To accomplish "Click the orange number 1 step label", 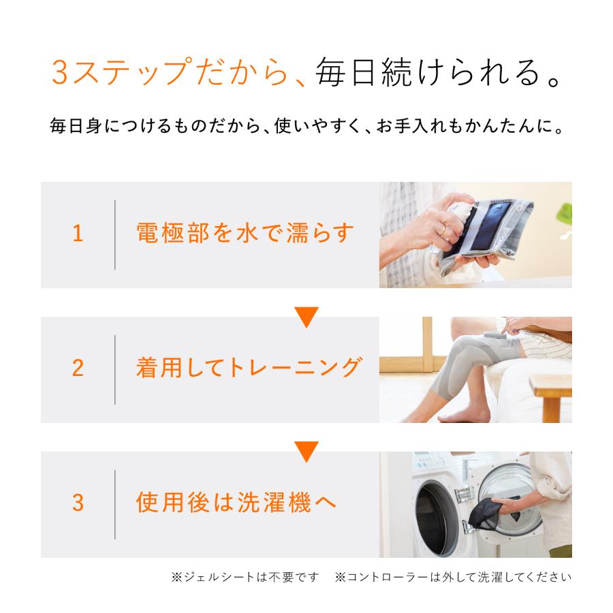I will [x=78, y=234].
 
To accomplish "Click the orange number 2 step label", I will [x=78, y=369].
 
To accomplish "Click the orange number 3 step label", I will [x=78, y=504].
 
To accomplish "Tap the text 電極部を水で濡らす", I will [x=246, y=234].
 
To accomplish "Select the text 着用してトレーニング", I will [x=247, y=368].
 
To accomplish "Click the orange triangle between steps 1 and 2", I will [x=306, y=317].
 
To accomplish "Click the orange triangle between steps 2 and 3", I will [x=306, y=452].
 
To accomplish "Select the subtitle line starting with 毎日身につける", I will [x=306, y=127].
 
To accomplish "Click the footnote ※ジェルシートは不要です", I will [x=245, y=578].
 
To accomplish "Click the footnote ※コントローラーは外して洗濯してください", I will [x=453, y=578].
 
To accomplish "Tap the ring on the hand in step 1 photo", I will [x=443, y=231].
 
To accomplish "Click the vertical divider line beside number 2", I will [x=114, y=369].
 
